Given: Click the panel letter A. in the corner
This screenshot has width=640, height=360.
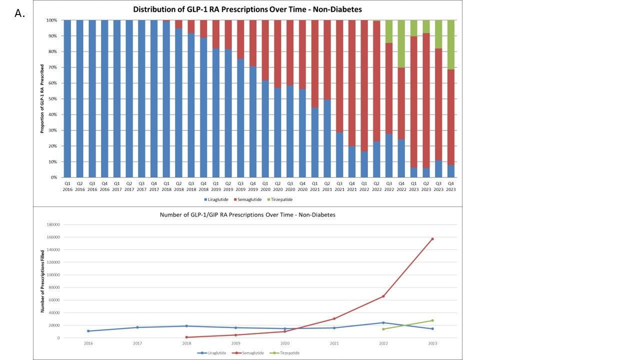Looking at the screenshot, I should [x=19, y=13].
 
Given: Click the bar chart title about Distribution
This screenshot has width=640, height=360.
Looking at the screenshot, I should [x=247, y=9].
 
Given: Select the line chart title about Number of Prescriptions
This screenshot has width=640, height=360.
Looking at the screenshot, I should [x=247, y=215].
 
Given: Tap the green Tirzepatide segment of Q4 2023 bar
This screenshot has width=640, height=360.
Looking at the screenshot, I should [x=451, y=44].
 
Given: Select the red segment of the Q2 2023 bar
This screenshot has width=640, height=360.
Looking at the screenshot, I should [x=426, y=100].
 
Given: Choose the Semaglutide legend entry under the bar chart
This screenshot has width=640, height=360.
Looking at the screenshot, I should [x=247, y=199].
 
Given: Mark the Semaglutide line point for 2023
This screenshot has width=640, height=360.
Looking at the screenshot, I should [x=432, y=239].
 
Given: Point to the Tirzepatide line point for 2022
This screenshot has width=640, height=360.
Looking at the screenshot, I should [x=383, y=329].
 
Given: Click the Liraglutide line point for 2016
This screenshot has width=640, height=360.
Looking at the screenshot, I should [x=88, y=331].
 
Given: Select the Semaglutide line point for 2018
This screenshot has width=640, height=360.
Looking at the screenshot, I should [x=186, y=337].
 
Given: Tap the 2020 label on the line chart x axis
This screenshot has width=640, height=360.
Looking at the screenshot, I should [x=285, y=343].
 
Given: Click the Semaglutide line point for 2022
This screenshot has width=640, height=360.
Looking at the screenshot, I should [x=383, y=296].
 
